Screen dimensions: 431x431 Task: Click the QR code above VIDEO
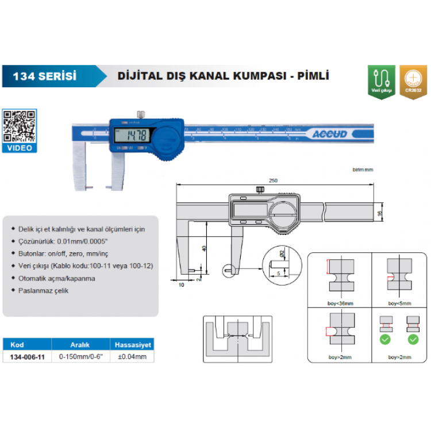pos(19,126)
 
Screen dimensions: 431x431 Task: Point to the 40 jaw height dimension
pos(203,248)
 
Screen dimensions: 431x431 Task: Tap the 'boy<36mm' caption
pos(338,303)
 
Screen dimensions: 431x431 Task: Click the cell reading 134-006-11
pos(28,356)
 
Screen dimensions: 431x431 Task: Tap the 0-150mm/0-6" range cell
pos(80,356)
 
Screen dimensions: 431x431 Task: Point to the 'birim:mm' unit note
pos(363,170)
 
